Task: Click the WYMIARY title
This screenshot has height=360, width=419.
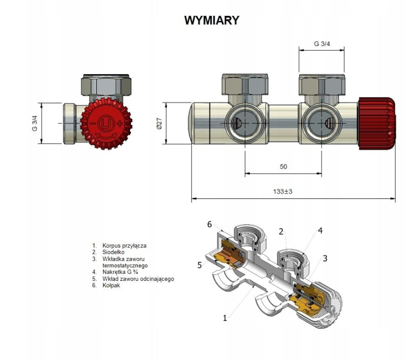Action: pos(211,20)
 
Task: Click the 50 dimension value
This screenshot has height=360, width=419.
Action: pos(283,167)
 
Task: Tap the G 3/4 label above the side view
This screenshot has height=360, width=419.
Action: pos(321,44)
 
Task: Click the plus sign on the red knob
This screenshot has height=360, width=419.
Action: pos(120,123)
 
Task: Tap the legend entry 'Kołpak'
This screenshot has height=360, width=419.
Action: pos(112,285)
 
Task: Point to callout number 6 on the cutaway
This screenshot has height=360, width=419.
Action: pos(209,224)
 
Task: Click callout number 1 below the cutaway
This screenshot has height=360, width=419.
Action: pos(225,318)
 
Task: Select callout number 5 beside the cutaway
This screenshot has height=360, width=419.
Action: pos(199,265)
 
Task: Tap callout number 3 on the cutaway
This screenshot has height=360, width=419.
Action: pos(325,258)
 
